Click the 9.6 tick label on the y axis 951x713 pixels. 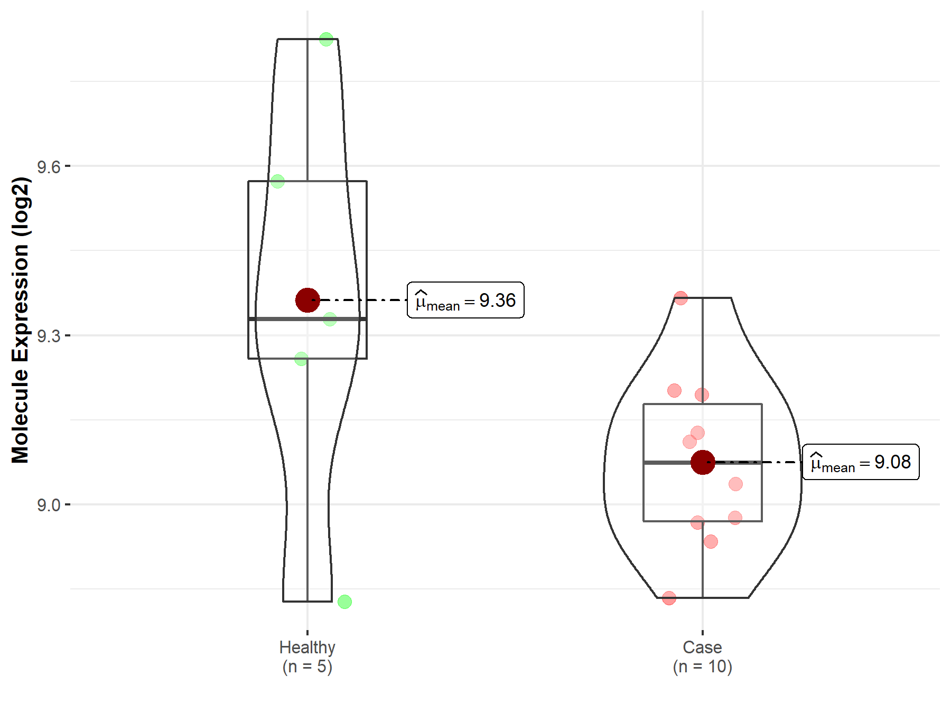pyautogui.click(x=49, y=167)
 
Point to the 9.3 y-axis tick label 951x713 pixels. pyautogui.click(x=49, y=336)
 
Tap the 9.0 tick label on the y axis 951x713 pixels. pyautogui.click(x=49, y=505)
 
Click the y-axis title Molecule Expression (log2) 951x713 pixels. pyautogui.click(x=21, y=321)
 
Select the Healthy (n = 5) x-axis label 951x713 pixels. pyautogui.click(x=307, y=656)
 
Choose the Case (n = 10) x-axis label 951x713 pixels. pyautogui.click(x=702, y=656)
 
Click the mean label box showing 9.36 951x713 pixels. pyautogui.click(x=465, y=300)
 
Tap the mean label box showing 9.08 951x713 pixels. pyautogui.click(x=861, y=462)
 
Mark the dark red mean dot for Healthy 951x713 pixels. pyautogui.click(x=307, y=300)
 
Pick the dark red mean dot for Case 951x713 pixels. pyautogui.click(x=703, y=462)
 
